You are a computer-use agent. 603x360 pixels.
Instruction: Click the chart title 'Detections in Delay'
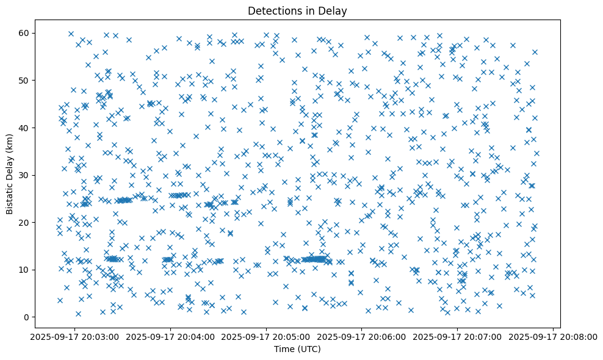click(x=297, y=10)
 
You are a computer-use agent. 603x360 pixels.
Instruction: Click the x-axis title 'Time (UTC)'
click(x=297, y=349)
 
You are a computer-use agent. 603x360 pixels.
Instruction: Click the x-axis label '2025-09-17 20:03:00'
click(x=75, y=337)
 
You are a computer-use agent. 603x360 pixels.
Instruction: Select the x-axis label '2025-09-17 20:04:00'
click(x=171, y=337)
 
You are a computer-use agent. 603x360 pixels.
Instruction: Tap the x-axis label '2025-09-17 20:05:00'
click(x=267, y=337)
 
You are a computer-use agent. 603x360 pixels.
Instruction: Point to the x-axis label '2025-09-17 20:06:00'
click(x=362, y=337)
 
